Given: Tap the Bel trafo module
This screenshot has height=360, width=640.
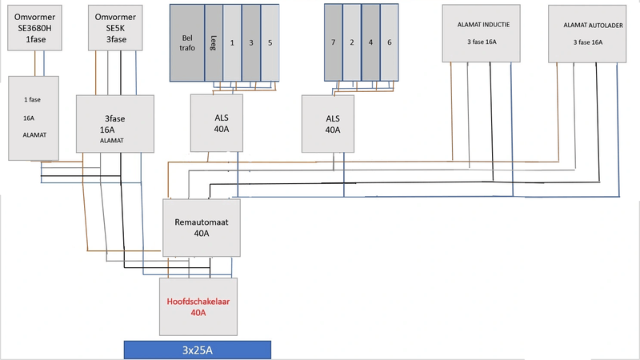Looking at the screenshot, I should click(x=186, y=42).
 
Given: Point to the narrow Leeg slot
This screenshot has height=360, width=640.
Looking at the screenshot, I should click(x=214, y=42).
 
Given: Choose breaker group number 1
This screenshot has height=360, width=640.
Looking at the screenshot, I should click(x=232, y=42).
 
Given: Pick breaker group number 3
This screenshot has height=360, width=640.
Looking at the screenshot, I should click(x=251, y=42).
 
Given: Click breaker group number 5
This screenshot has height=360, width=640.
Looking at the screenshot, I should click(x=270, y=42).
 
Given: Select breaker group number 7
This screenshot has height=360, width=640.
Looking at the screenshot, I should click(x=333, y=42).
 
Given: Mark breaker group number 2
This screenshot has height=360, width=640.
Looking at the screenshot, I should click(x=352, y=42).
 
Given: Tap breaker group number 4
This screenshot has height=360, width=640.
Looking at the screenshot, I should click(x=370, y=42).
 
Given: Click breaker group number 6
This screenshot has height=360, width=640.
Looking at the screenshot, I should click(x=389, y=42).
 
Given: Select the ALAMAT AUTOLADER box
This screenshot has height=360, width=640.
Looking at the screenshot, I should click(x=587, y=33).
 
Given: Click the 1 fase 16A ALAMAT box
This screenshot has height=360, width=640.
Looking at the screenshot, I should click(x=33, y=118).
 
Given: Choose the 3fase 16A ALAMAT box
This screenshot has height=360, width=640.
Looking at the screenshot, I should click(x=114, y=123).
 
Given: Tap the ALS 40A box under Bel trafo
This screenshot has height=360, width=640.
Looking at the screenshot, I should click(x=221, y=123).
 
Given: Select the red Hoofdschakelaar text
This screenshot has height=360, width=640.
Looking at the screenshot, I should click(x=198, y=302).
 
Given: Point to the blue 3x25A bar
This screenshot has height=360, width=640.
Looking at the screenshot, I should click(x=197, y=350).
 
